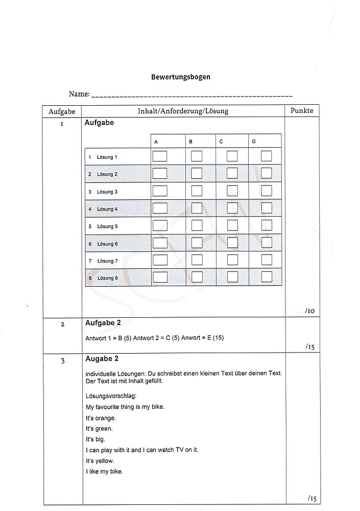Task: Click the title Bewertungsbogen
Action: (181, 77)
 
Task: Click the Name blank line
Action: (191, 96)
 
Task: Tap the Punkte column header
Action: (301, 110)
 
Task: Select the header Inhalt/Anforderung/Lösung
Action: (183, 111)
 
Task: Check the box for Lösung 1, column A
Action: (160, 156)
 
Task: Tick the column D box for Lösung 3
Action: (267, 191)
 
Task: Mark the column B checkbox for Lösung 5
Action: (197, 225)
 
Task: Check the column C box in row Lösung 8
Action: (232, 277)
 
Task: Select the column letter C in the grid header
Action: (221, 141)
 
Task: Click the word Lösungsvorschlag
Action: (109, 396)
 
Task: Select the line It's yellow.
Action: (100, 460)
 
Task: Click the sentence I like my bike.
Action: (104, 471)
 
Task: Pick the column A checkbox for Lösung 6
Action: (160, 243)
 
